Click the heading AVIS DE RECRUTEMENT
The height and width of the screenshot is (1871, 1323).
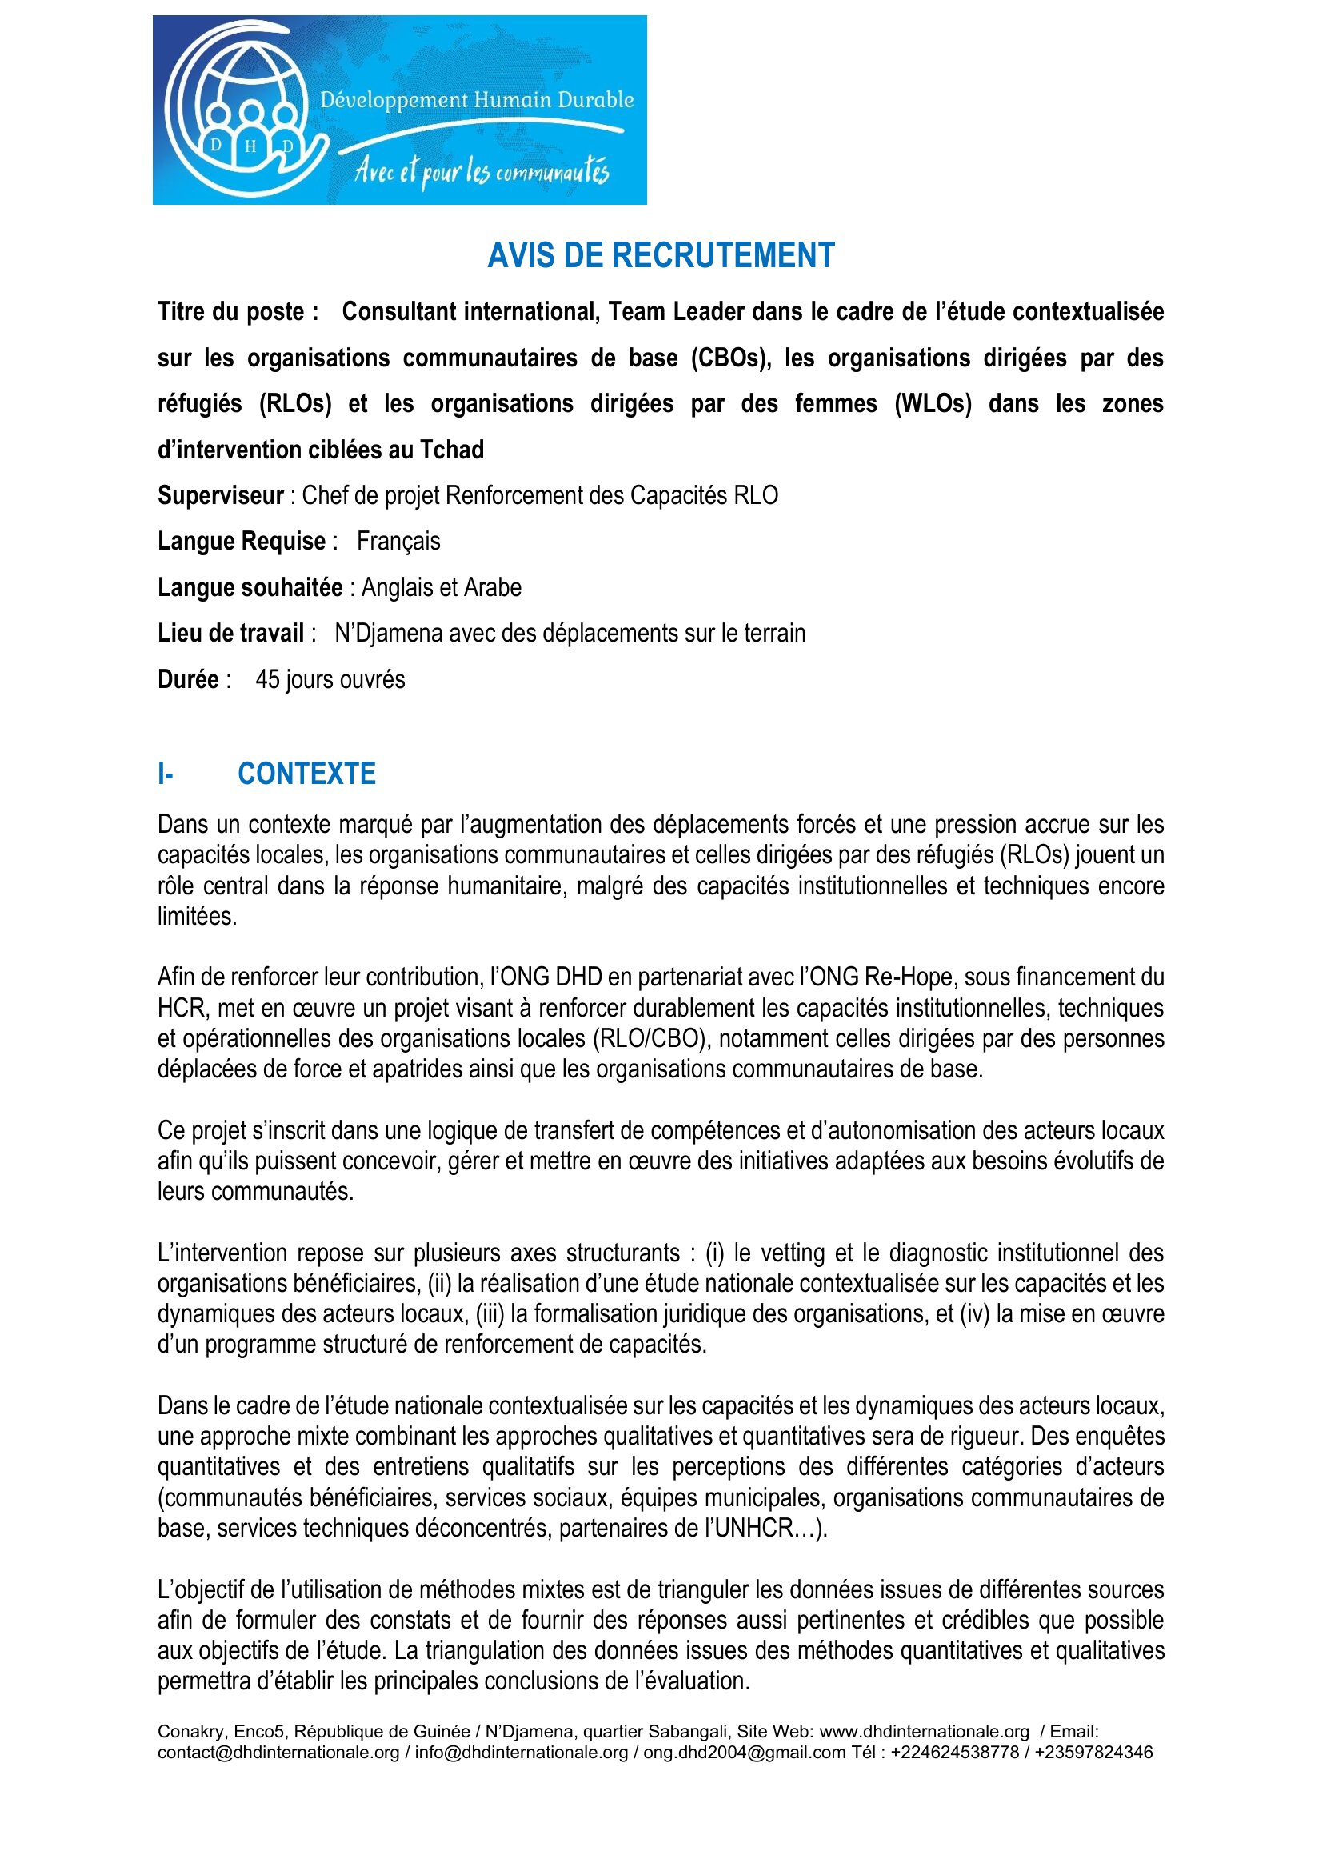coord(661,255)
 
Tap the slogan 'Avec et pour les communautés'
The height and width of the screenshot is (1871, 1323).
coord(481,172)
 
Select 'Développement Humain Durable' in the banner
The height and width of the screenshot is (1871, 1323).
coord(477,100)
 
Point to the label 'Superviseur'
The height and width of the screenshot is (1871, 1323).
coord(220,495)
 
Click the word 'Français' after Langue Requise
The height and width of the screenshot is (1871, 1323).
coord(398,541)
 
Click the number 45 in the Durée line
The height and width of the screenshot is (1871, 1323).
coord(267,679)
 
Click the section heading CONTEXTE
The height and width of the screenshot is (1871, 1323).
coord(306,774)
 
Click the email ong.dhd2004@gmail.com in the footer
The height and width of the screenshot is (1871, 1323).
coord(744,1752)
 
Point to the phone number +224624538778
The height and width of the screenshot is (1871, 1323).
coord(954,1752)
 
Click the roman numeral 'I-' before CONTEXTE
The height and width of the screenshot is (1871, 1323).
coord(166,774)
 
